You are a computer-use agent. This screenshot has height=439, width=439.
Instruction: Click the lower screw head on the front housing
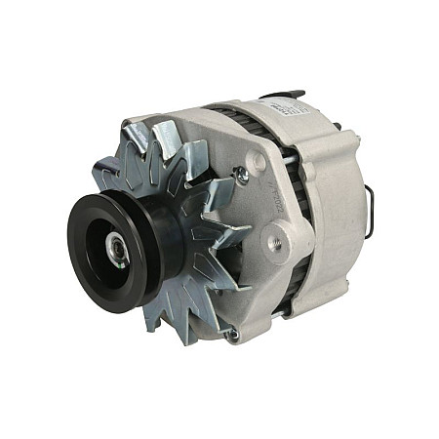[x=231, y=334]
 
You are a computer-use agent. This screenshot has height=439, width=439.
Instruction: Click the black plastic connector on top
[x=283, y=95]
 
